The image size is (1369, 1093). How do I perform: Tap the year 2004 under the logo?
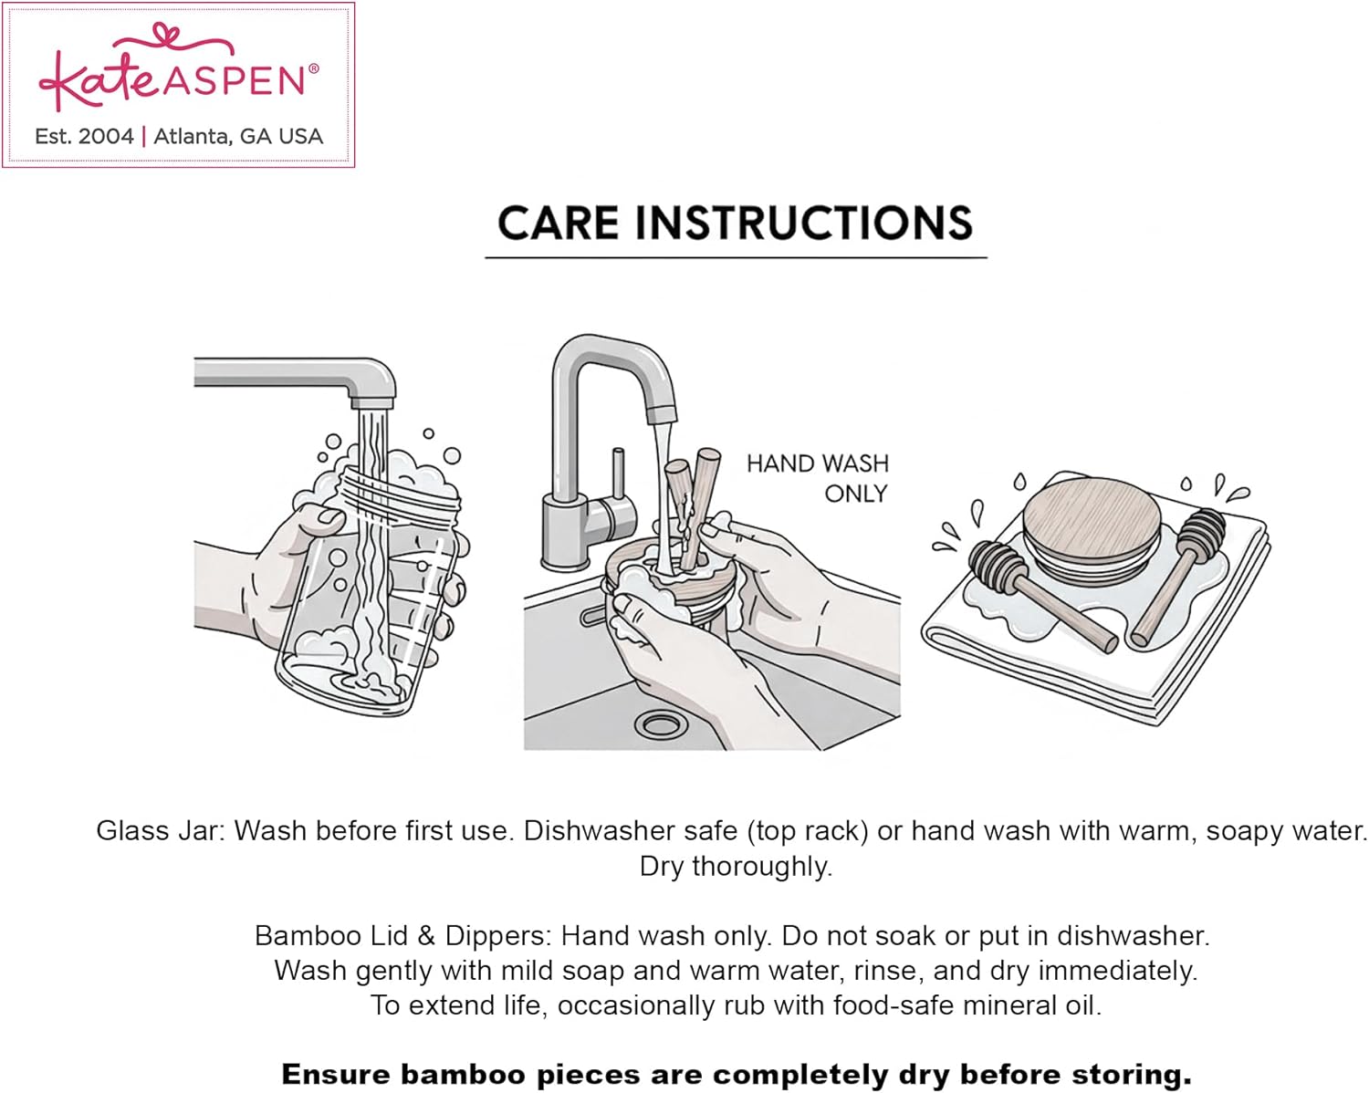pos(106,136)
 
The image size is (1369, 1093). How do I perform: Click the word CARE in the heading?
pos(558,224)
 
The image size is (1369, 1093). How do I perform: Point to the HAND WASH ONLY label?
pos(818,478)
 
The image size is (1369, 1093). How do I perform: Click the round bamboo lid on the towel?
pos(1091,527)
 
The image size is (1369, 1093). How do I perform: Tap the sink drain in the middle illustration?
pos(661,723)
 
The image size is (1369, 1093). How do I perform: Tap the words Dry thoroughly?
pos(736,866)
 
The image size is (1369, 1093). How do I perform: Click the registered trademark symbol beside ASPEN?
pos(313,68)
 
